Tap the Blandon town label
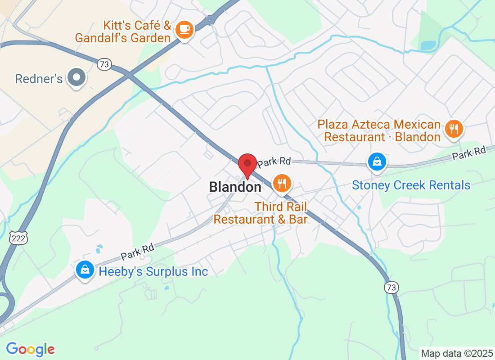click(235, 187)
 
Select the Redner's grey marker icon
click(76, 77)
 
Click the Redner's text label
click(39, 79)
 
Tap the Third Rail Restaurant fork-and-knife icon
click(282, 183)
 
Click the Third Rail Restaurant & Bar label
click(261, 213)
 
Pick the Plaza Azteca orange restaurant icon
click(454, 129)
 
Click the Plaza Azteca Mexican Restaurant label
click(379, 130)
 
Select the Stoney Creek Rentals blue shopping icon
click(377, 162)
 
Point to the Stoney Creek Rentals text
click(411, 185)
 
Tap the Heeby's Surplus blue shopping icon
click(84, 270)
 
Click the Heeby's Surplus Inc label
click(153, 272)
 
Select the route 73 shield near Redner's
click(104, 64)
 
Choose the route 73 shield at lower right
click(391, 287)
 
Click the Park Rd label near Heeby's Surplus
click(137, 252)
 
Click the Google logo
click(31, 349)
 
